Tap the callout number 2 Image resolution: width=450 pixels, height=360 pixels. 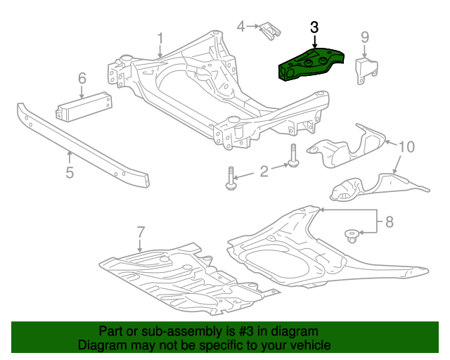click(x=264, y=171)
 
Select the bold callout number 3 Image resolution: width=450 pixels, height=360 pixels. click(x=314, y=27)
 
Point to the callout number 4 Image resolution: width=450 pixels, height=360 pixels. click(x=241, y=27)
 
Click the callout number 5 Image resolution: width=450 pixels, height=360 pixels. click(x=70, y=171)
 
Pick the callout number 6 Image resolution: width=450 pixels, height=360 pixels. click(x=82, y=77)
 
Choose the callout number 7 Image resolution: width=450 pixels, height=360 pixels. click(x=140, y=231)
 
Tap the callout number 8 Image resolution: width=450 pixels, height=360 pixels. click(x=389, y=223)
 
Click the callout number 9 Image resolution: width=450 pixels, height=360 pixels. click(x=365, y=37)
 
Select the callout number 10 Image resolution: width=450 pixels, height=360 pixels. click(x=407, y=147)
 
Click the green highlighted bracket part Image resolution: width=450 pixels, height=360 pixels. click(x=309, y=63)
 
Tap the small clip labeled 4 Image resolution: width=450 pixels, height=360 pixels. click(x=269, y=32)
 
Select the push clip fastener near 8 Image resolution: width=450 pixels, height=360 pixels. click(x=349, y=234)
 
